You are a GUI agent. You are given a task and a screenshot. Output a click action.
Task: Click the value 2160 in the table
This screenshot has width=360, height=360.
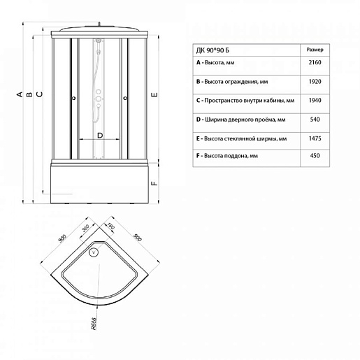point(315,62)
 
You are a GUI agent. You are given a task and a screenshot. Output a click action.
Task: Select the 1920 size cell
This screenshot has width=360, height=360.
point(315,82)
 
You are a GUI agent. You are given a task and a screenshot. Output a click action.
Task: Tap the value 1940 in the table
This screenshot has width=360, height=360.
point(315,101)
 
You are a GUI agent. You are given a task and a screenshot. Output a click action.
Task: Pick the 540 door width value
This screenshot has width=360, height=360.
point(315,120)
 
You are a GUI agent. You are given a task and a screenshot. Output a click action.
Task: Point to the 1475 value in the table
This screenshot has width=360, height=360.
point(315,138)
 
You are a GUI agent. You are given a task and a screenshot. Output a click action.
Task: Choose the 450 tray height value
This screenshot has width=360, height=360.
point(315,156)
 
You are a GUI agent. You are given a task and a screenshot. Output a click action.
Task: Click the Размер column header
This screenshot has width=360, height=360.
point(315,50)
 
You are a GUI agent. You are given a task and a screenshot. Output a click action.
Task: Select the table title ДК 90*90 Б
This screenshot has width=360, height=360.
point(213,50)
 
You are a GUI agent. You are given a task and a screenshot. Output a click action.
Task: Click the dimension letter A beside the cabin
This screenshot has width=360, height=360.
point(20,94)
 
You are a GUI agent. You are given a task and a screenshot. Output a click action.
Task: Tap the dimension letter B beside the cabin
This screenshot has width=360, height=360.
point(29,94)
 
